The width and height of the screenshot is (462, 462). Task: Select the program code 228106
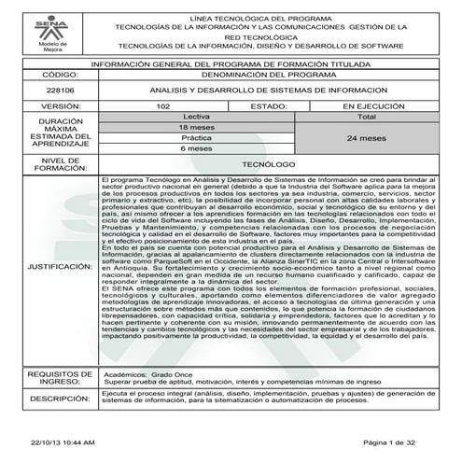[x=59, y=90]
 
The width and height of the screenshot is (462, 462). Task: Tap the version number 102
[x=162, y=106]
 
